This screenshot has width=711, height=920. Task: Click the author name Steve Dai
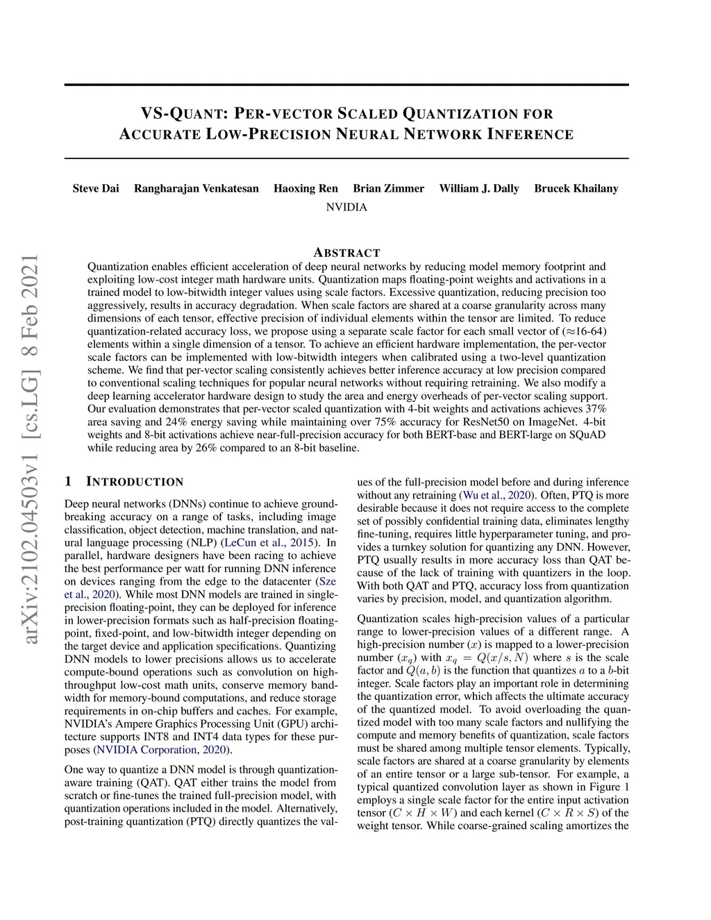click(x=96, y=188)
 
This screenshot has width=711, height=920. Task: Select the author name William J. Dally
click(x=479, y=188)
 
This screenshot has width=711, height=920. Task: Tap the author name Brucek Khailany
click(x=576, y=188)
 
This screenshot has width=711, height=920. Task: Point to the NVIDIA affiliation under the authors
click(x=346, y=207)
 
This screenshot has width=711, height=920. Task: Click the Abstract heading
click(x=346, y=253)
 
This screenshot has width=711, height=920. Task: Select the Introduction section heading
click(x=135, y=482)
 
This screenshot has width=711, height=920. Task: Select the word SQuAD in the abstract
click(x=588, y=435)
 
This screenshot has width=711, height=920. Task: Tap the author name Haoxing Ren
click(x=306, y=188)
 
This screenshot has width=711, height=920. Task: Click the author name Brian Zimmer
click(x=388, y=188)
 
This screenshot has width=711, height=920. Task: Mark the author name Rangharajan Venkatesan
click(x=196, y=188)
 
